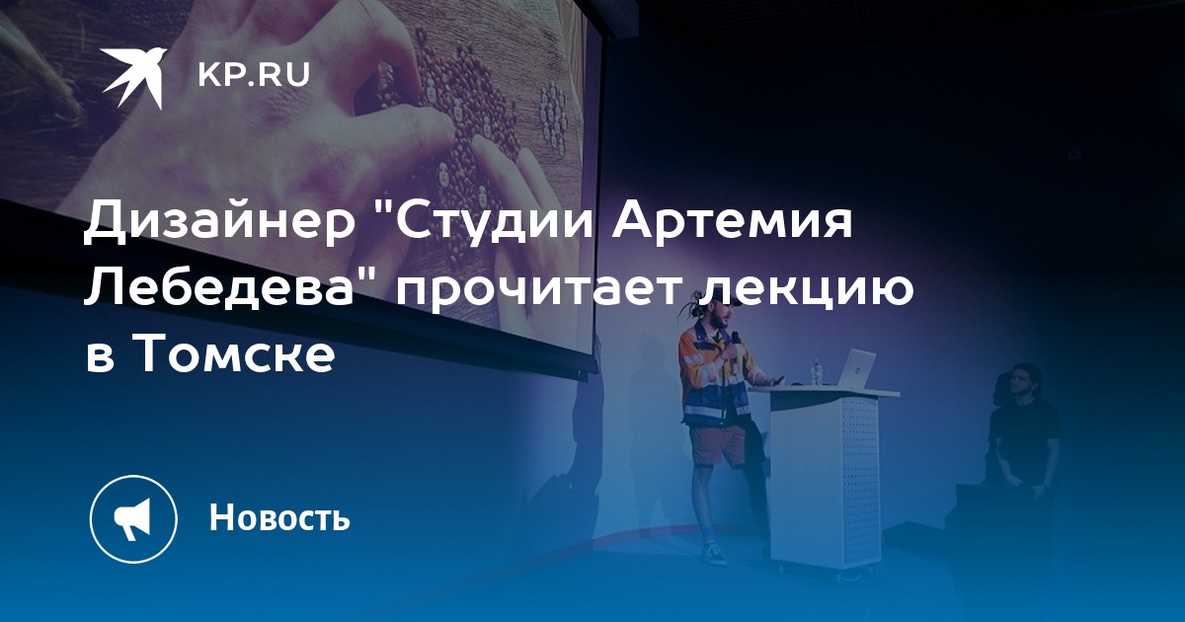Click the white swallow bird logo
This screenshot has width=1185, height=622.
[133, 75]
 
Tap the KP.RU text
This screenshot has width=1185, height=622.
[254, 75]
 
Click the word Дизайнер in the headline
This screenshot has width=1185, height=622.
[219, 223]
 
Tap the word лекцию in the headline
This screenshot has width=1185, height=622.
[804, 290]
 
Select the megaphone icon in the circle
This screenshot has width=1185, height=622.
[133, 518]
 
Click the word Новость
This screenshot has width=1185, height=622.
[279, 517]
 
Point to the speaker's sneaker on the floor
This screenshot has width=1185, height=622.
[713, 555]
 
